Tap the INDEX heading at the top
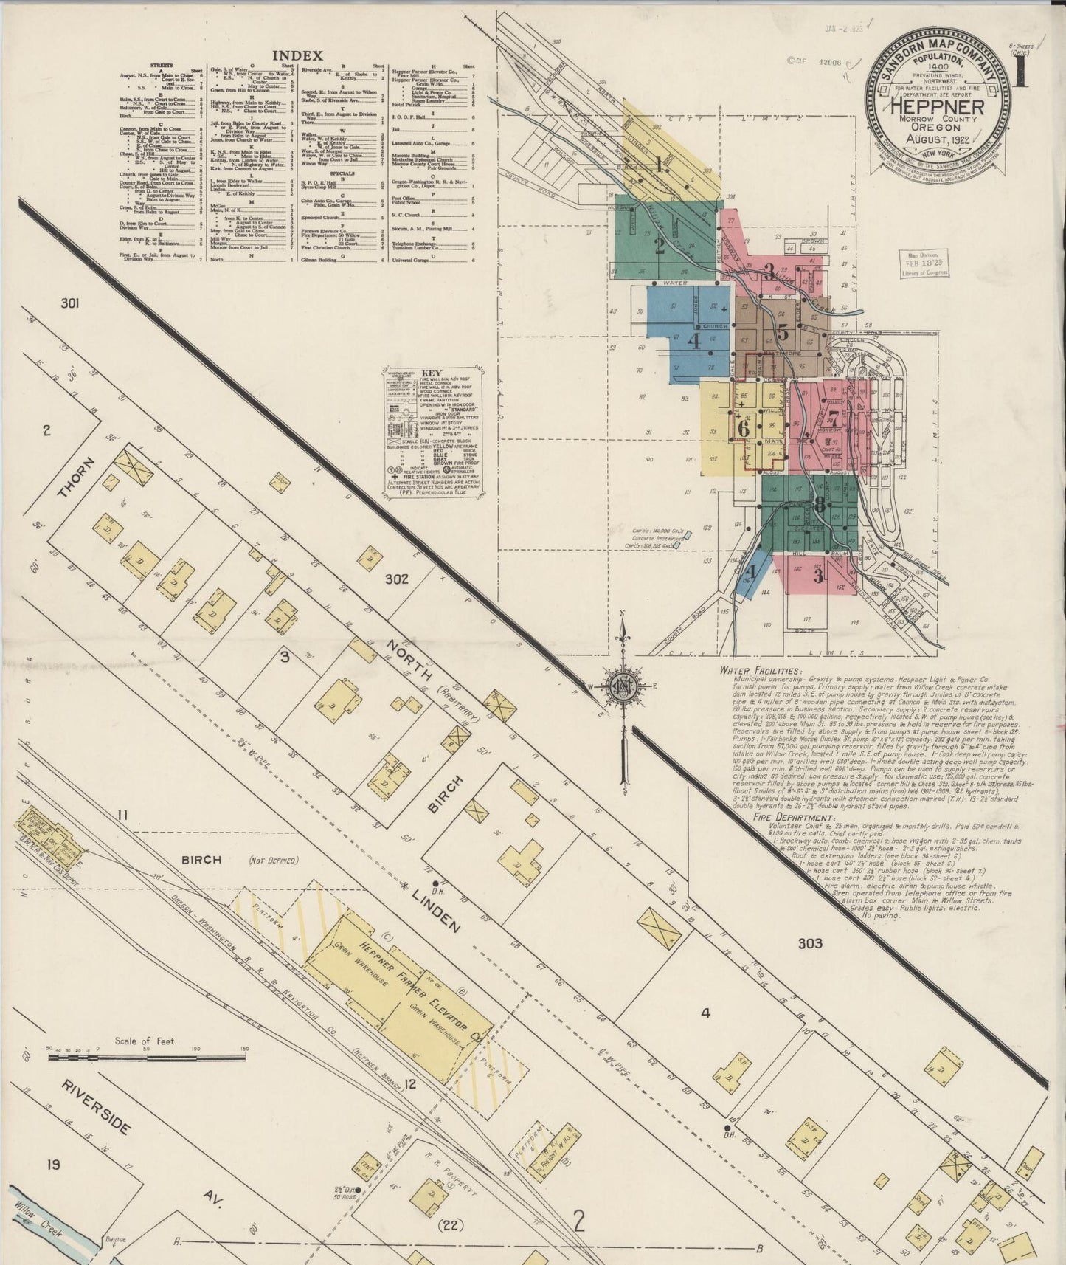(297, 55)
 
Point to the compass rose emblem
(624, 683)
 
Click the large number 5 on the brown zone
(783, 332)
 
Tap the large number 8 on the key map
(819, 505)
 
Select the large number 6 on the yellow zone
(743, 427)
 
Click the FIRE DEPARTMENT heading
(793, 818)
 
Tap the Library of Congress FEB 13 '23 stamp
(921, 264)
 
